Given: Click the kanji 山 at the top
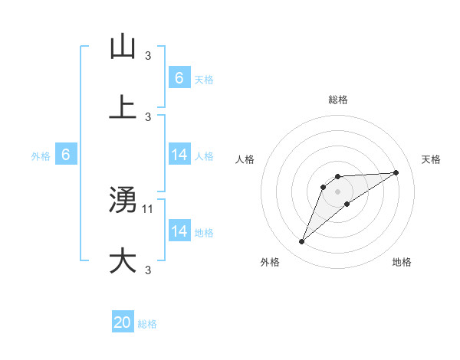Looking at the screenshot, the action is (x=123, y=47).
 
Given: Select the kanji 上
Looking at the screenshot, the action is (x=123, y=107).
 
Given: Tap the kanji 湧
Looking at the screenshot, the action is (x=123, y=201).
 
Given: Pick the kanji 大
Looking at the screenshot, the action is (x=123, y=260).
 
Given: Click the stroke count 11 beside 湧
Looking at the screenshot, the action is (x=149, y=208).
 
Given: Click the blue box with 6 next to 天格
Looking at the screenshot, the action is (x=179, y=77).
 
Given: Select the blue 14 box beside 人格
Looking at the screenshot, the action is (x=179, y=155).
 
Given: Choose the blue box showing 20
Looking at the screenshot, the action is (x=123, y=322).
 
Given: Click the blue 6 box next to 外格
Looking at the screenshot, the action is (x=66, y=155).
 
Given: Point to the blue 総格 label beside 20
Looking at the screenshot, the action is (x=147, y=324).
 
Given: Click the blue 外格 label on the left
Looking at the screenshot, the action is (x=41, y=155).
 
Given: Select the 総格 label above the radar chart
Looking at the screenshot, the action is (x=338, y=100).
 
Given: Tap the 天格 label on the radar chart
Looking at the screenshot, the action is (x=431, y=159).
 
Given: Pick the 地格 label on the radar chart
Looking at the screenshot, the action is (x=402, y=262).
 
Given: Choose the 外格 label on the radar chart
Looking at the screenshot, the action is (x=270, y=262).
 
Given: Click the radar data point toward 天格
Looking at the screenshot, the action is (x=396, y=172).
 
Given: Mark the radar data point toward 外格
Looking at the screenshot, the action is (x=302, y=242).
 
